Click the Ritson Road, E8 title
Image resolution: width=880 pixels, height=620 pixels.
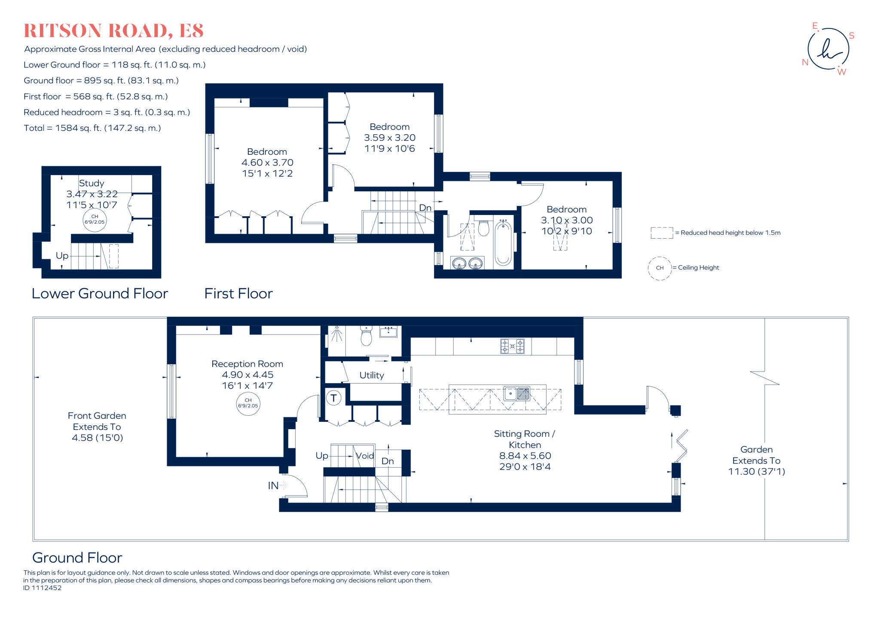[113, 31]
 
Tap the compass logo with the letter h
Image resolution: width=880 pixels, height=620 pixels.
[828, 49]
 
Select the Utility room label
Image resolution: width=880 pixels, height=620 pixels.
[372, 375]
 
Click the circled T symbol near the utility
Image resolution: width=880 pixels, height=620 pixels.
[333, 398]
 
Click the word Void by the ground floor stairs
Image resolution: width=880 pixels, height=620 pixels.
[365, 456]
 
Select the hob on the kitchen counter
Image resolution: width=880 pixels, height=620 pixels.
[512, 346]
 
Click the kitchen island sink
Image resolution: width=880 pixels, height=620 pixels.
[517, 393]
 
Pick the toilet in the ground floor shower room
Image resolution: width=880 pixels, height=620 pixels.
[366, 335]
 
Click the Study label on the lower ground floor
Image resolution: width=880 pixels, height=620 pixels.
[91, 183]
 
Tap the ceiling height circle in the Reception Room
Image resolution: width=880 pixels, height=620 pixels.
[248, 403]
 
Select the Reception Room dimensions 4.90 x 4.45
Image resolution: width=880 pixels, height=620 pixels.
[247, 375]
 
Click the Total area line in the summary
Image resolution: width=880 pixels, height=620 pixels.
[92, 128]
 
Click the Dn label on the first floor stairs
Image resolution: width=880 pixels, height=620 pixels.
[425, 208]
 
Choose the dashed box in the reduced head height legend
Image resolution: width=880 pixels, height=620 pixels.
[662, 233]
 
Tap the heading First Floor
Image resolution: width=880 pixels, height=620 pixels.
[238, 294]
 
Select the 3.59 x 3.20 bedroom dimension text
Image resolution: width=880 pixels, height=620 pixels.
[390, 138]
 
